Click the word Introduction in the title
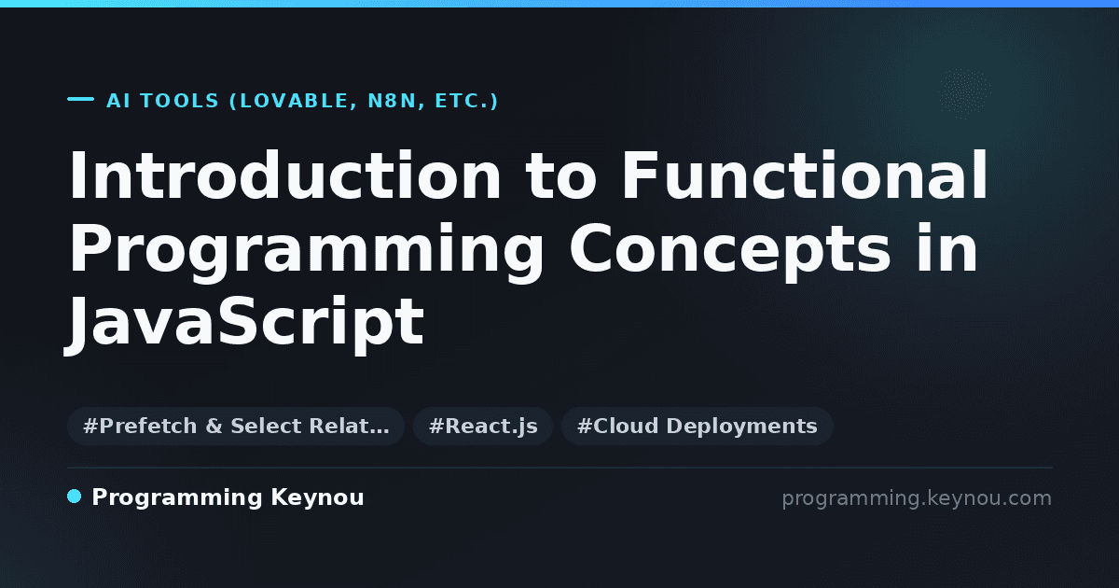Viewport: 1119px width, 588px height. tap(284, 175)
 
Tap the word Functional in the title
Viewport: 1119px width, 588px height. tap(804, 175)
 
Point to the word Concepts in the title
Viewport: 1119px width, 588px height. tap(730, 249)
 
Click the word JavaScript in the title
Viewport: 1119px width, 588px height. tap(244, 324)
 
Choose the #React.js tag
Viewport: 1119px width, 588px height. tap(483, 426)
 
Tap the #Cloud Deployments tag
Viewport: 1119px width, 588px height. tap(697, 426)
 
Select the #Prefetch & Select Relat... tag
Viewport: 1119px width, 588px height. tap(236, 426)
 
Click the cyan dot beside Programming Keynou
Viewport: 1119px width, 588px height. tap(74, 497)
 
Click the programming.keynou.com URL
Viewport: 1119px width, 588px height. tap(917, 498)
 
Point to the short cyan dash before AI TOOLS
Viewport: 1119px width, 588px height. tap(80, 99)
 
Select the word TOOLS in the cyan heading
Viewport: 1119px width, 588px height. tap(179, 101)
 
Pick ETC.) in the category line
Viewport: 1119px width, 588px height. tap(466, 101)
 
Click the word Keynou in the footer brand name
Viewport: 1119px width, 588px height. tap(317, 497)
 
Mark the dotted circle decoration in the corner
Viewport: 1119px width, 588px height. tap(964, 93)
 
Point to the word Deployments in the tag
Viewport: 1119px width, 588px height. tap(742, 427)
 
